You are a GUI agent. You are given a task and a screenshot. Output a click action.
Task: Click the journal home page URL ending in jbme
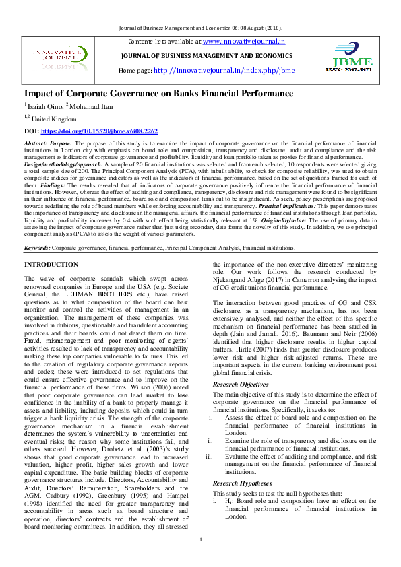coord(224,70)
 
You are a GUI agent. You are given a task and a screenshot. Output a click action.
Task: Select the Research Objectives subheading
coord(241,385)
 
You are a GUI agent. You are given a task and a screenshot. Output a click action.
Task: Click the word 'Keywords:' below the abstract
coord(37,248)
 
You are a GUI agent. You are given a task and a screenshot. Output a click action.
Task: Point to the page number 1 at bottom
coord(201,558)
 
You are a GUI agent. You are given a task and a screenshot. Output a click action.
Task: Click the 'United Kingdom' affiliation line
coord(53,118)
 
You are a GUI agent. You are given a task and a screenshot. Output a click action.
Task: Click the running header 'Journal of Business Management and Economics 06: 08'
coord(200,27)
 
